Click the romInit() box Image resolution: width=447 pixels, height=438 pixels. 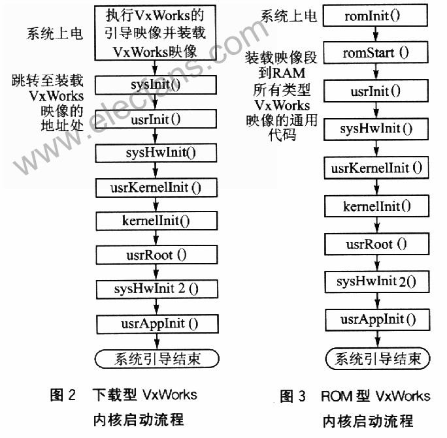pyautogui.click(x=375, y=16)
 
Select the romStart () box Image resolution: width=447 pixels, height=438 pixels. pyautogui.click(x=376, y=52)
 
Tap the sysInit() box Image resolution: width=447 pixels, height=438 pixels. pyautogui.click(x=156, y=85)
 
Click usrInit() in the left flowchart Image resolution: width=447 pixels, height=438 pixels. pyautogui.click(x=156, y=119)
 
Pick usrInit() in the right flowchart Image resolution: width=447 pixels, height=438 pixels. pyautogui.click(x=376, y=91)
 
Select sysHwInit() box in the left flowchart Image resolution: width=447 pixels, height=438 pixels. pyautogui.click(x=156, y=153)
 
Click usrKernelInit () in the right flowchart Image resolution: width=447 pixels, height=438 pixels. pyautogui.click(x=376, y=168)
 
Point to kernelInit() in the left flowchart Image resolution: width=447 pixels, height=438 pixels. pyautogui.click(x=156, y=221)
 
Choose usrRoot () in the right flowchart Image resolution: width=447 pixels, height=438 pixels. pyautogui.click(x=377, y=244)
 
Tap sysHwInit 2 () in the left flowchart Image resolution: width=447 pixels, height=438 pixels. pyautogui.click(x=157, y=289)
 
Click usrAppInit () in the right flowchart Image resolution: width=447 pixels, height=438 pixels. pyautogui.click(x=378, y=320)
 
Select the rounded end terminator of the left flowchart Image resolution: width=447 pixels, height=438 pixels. pyautogui.click(x=157, y=358)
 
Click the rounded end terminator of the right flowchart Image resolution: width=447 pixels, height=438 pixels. pyautogui.click(x=378, y=358)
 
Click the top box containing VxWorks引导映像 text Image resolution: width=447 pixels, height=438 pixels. pyautogui.click(x=155, y=33)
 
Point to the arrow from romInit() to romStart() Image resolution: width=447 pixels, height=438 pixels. pyautogui.click(x=376, y=34)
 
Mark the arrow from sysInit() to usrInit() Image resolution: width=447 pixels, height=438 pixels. pyautogui.click(x=155, y=102)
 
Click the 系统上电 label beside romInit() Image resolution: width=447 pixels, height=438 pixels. pyautogui.click(x=288, y=16)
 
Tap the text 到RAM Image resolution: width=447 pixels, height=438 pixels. pyautogui.click(x=282, y=73)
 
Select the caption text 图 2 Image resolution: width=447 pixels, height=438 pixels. pyautogui.click(x=63, y=395)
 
